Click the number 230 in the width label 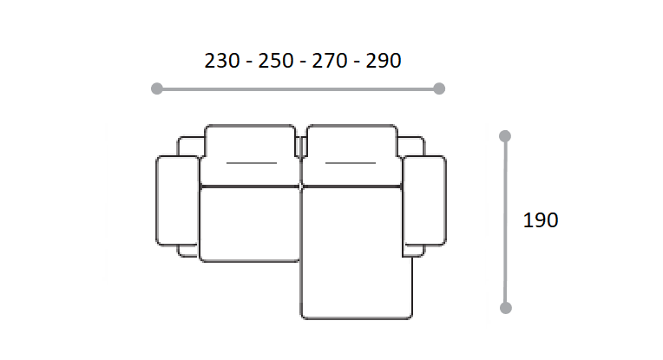tap(222, 61)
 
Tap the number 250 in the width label tap(276, 61)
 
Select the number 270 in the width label tap(330, 61)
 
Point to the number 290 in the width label tap(384, 61)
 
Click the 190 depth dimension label tap(541, 220)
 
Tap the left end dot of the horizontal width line tap(157, 88)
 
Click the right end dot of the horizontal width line tap(439, 88)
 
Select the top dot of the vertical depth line tap(505, 136)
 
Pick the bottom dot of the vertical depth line tap(506, 308)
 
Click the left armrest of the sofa tap(177, 200)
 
